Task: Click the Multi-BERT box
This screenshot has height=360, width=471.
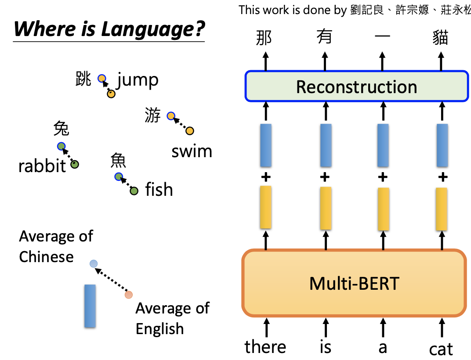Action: tap(354, 283)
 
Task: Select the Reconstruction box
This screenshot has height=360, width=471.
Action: tap(356, 86)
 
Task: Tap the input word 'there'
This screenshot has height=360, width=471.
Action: tap(265, 347)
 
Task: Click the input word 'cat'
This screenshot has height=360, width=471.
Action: tap(441, 349)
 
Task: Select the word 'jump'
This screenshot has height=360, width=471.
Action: tap(138, 80)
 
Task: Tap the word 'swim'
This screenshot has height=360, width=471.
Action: tap(192, 151)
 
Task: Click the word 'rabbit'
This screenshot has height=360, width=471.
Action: tap(42, 166)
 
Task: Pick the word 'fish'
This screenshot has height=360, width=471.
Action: tap(159, 190)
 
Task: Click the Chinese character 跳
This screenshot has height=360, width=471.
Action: tap(83, 79)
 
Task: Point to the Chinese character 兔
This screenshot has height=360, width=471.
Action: tap(61, 129)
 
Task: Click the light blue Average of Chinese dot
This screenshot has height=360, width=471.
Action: tap(93, 263)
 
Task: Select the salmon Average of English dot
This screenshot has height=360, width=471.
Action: tap(128, 295)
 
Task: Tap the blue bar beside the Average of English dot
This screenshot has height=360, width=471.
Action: tap(90, 306)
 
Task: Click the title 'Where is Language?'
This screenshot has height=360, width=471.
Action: tap(109, 29)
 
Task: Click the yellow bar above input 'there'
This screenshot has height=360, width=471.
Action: tap(265, 207)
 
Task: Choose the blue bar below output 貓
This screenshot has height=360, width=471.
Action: tap(442, 145)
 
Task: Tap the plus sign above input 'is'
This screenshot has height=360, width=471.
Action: tap(325, 177)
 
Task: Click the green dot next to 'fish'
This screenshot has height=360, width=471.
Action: tap(134, 191)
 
